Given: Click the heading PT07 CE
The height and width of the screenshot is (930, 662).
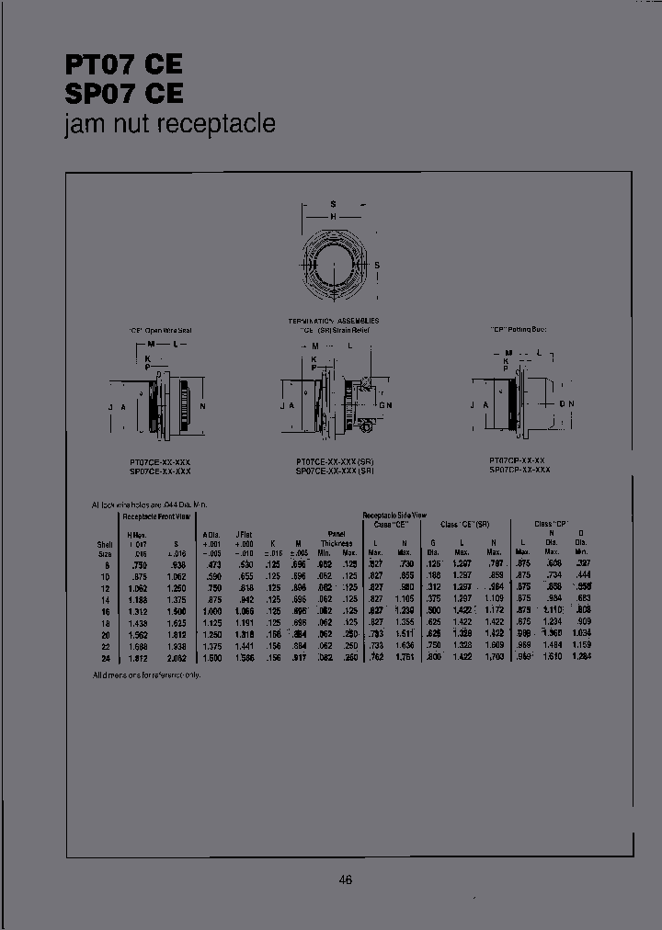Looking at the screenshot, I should click(123, 64).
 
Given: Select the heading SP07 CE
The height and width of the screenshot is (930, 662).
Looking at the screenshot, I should click(123, 94).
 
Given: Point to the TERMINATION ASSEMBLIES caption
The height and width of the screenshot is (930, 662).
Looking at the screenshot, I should click(334, 321).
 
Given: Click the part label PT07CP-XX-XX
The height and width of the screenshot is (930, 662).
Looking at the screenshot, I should click(519, 459).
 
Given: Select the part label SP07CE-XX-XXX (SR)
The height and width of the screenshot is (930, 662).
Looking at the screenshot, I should click(335, 470).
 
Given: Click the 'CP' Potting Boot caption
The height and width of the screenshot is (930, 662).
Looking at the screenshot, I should click(519, 328).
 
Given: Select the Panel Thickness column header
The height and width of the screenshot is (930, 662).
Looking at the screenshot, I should click(336, 539).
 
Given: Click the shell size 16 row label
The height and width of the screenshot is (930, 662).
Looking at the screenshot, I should click(106, 610).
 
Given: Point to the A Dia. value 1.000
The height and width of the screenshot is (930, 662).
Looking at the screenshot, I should click(211, 610).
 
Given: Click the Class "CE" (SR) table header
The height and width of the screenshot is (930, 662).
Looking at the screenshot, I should click(464, 523).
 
